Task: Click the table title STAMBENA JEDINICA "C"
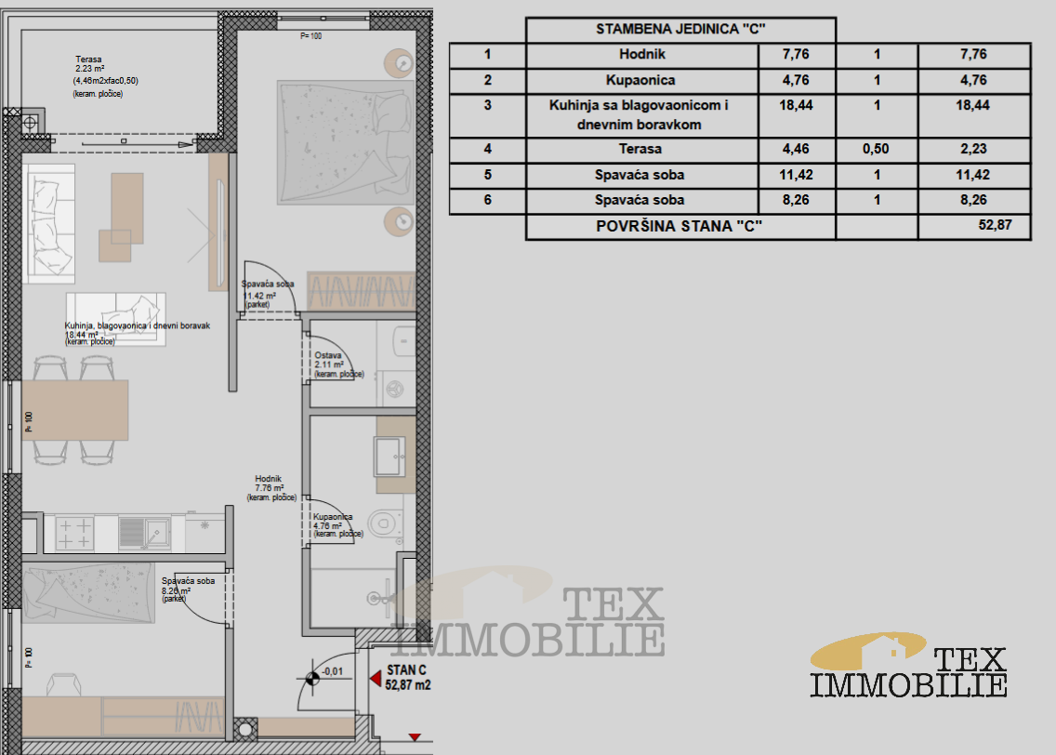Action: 680,29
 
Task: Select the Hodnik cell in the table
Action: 641,55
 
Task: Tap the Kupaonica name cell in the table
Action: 641,80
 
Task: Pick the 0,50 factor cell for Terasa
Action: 877,150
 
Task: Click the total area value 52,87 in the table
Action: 995,225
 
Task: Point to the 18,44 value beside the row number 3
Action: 796,105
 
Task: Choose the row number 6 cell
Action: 488,200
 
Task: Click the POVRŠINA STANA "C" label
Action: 679,226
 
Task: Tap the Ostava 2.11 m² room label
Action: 338,364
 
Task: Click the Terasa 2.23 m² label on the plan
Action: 106,76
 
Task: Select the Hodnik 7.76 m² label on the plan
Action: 271,488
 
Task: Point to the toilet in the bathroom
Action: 386,522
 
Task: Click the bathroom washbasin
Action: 389,456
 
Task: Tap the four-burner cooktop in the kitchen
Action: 74,534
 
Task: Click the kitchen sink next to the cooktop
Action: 145,533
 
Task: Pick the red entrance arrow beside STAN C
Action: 376,678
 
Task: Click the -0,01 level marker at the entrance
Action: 332,671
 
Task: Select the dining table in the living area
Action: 74,410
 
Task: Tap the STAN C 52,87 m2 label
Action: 407,678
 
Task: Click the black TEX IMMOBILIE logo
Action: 908,665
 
